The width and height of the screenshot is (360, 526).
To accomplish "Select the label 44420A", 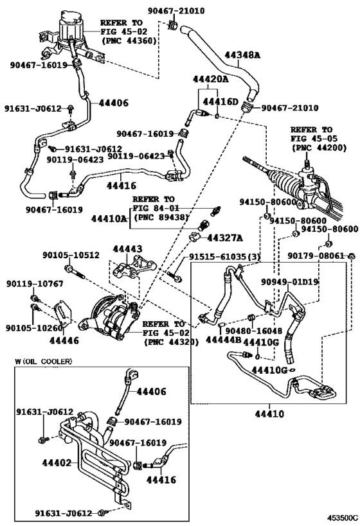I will coord(212,80).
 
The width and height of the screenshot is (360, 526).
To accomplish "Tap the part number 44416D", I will coord(221,102).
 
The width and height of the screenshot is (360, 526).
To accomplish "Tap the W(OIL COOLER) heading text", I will coord(43,361).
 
